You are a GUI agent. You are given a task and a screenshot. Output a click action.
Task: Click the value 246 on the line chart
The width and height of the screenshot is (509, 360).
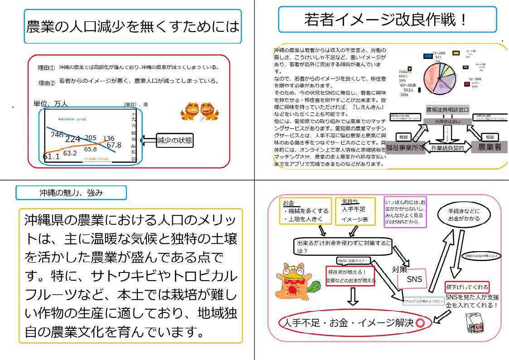coord(57,135)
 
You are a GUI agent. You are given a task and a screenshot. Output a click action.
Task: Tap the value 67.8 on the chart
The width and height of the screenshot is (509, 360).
coord(114,145)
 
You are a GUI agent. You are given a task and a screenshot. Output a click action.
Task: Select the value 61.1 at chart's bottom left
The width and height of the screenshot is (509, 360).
coord(51,157)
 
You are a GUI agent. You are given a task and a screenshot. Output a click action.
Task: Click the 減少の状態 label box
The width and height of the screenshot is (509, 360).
coord(174,140)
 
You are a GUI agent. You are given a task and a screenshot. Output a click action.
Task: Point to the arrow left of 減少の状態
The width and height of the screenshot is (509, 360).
coord(149,140)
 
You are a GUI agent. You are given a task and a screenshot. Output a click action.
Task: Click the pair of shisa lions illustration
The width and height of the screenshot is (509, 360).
coord(199,112)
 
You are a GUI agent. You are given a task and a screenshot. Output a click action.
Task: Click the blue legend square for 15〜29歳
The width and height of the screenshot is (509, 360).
coord(427,56)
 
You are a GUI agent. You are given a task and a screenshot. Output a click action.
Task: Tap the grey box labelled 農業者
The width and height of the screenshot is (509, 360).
coord(489,147)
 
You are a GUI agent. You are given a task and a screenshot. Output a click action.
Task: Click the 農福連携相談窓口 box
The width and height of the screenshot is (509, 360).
coord(447,110)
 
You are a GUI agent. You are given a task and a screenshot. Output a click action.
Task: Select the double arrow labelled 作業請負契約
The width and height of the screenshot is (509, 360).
coord(448,148)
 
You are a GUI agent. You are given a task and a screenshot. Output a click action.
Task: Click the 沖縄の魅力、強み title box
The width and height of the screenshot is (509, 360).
coord(71,193)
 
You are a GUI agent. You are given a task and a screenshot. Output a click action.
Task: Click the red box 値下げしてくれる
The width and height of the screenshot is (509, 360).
coord(467,287)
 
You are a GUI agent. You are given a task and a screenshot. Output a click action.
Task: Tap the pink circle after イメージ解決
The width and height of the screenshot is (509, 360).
coord(420,323)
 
